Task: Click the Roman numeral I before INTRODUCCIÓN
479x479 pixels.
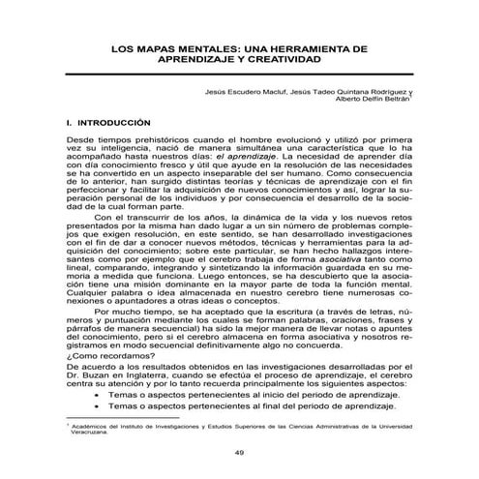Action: [66, 124]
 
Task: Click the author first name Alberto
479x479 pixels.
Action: [350, 99]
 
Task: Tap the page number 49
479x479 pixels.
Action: [239, 454]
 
